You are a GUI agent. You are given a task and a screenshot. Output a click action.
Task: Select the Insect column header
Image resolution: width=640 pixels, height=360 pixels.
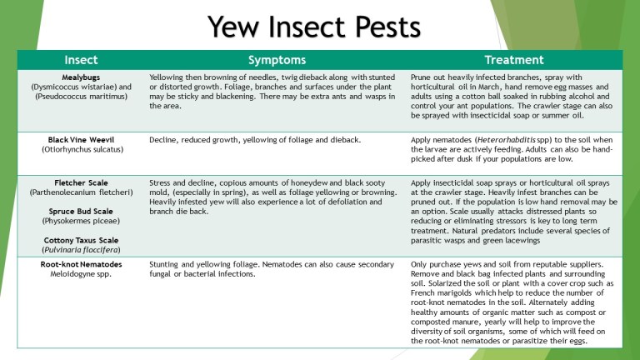tap(81, 60)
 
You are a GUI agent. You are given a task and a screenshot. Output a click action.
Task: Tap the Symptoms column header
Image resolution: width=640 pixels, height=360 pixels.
tap(277, 60)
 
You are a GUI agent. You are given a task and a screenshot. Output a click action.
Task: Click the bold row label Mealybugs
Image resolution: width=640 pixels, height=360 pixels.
tap(81, 77)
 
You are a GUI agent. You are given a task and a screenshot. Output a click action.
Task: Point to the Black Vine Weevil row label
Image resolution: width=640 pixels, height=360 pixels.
tap(81, 140)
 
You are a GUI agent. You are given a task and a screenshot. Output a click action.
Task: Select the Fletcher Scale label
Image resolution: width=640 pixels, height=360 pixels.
tap(81, 182)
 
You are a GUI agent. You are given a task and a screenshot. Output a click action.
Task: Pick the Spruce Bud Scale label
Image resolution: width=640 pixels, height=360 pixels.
tap(81, 211)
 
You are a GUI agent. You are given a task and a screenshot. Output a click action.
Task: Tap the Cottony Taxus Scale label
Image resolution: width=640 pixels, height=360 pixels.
tap(81, 240)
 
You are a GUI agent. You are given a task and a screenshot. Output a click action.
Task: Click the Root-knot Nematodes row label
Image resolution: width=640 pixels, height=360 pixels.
tap(81, 264)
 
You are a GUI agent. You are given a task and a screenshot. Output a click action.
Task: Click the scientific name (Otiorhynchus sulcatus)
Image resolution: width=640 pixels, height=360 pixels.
tap(81, 150)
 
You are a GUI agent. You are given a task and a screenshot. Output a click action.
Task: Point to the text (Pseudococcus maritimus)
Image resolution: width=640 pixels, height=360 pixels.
tap(81, 96)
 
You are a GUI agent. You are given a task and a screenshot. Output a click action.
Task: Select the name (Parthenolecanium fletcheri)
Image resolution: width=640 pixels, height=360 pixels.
tap(81, 192)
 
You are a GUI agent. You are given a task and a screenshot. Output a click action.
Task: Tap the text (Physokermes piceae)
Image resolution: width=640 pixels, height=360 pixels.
tap(81, 221)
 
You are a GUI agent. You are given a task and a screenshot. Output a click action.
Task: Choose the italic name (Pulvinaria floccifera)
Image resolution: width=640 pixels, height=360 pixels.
tap(81, 249)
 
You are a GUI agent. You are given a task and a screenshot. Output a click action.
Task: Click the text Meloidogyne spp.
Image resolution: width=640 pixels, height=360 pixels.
tap(81, 273)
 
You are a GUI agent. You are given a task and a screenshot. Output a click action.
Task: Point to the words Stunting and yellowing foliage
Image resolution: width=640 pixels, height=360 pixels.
tap(201, 264)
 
